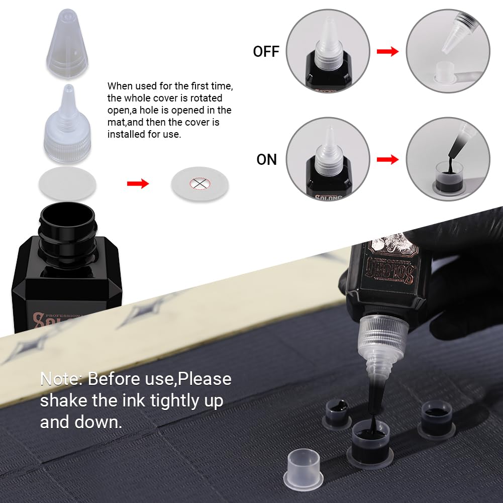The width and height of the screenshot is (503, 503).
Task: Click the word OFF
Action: point(266,52)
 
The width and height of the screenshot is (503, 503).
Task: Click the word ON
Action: point(266,159)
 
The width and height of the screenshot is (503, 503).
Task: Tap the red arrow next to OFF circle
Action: point(387,51)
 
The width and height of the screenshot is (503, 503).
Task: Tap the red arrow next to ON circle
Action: point(387,159)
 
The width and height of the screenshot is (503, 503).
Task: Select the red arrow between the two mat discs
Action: point(138,183)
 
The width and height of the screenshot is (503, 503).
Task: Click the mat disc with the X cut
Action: point(200,183)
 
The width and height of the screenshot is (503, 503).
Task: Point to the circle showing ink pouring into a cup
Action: point(448,159)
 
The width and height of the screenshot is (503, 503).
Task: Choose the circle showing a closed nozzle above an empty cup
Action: point(448,52)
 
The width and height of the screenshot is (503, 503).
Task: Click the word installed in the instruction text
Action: point(128,134)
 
